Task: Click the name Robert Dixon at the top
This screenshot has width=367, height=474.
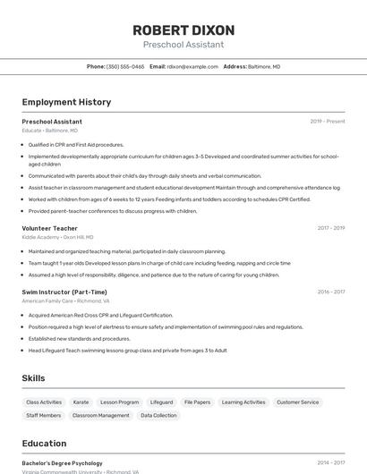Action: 183,30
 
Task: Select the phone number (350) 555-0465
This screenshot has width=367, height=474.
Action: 125,67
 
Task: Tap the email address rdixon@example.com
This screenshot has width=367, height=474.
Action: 192,67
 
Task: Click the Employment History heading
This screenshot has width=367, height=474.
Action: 66,102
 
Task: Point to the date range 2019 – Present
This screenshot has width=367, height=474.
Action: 328,122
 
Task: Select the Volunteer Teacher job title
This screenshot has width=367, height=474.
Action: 49,228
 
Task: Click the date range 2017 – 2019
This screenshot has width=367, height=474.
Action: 330,228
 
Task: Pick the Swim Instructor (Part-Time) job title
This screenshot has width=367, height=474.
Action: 64,292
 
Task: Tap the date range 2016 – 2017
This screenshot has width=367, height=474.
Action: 330,292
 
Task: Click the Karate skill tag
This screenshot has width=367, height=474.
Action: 81,402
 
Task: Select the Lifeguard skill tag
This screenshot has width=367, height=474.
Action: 161,402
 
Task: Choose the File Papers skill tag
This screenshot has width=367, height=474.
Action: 197,402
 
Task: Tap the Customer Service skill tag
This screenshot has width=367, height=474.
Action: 297,402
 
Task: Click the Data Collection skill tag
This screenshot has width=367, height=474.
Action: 158,416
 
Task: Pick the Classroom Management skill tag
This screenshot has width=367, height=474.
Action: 100,416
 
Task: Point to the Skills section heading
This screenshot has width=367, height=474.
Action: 34,378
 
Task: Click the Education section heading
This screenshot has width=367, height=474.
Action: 44,444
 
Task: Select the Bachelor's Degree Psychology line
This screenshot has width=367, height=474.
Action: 62,463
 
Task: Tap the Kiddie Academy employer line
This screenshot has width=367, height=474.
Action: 57,238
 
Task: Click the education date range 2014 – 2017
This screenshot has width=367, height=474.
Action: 330,463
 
